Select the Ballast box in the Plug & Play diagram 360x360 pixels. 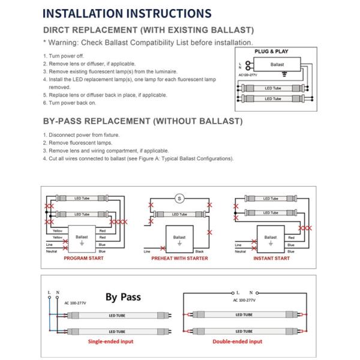pyautogui.click(x=277, y=64)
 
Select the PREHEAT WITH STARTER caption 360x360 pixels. pyautogui.click(x=179, y=258)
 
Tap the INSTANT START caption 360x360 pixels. pyautogui.click(x=272, y=258)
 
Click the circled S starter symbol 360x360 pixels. pyautogui.click(x=178, y=199)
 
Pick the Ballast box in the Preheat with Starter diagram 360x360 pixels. pyautogui.click(x=179, y=238)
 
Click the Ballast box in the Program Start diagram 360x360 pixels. pyautogui.click(x=82, y=238)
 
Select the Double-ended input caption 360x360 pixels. pyautogui.click(x=238, y=341)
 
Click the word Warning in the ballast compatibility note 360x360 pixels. pyautogui.click(x=65, y=43)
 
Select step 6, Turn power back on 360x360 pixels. pyautogui.click(x=67, y=103)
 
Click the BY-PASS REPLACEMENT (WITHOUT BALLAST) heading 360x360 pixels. pyautogui.click(x=143, y=121)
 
